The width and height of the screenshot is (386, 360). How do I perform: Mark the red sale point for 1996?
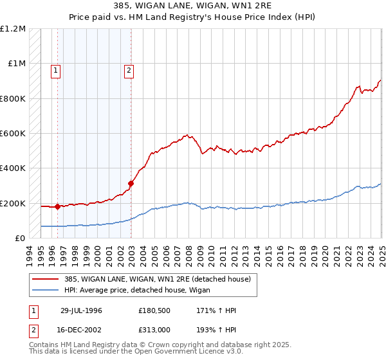coord(57,206)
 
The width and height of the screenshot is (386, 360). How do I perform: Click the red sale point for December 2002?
coord(131,183)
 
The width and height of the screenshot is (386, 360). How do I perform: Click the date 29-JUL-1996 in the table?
coord(82,310)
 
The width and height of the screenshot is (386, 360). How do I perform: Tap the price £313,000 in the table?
coord(154,329)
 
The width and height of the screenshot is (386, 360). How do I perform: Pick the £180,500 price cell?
coord(154,310)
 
